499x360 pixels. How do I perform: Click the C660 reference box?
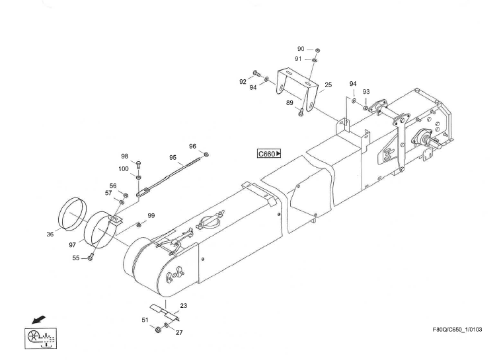269,154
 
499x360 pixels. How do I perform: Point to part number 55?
77,258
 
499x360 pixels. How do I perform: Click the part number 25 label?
328,85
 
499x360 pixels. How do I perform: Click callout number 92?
243,82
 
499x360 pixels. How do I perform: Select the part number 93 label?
365,92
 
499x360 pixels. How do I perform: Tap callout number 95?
173,158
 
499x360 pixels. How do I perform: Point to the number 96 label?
192,146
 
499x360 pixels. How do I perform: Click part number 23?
183,305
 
